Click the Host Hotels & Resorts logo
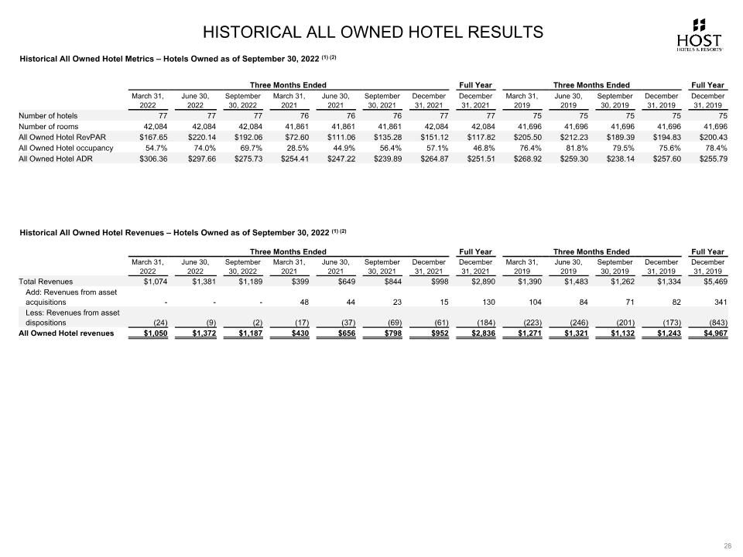[699, 35]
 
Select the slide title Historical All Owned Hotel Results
[372, 32]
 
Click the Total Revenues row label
[46, 282]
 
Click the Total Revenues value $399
[289, 282]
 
